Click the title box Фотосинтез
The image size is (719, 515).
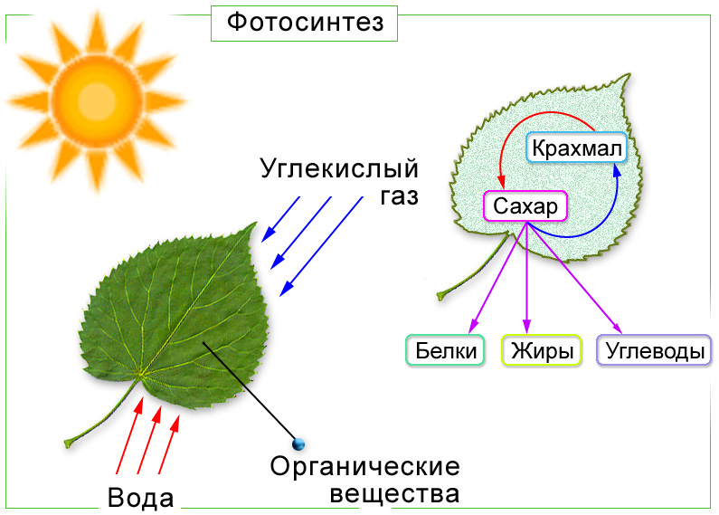(x=304, y=24)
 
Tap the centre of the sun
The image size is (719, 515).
(x=97, y=101)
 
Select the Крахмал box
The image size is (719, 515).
(x=576, y=148)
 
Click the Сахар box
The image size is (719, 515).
(x=525, y=206)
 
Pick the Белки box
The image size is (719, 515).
(x=445, y=350)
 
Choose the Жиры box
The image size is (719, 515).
(x=542, y=350)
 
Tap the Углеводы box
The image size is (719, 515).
(x=655, y=350)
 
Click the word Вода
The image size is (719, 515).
(x=141, y=498)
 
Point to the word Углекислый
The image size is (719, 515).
(x=339, y=169)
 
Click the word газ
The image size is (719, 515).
(x=400, y=196)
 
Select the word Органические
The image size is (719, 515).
(x=365, y=466)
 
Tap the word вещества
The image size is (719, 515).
(x=394, y=495)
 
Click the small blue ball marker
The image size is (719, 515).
(x=298, y=443)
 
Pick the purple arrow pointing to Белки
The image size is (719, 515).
(x=498, y=278)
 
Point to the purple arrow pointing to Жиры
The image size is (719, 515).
(x=527, y=278)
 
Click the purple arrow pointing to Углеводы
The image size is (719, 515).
(x=574, y=278)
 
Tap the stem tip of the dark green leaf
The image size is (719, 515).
(x=68, y=443)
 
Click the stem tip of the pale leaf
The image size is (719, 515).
(x=440, y=295)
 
